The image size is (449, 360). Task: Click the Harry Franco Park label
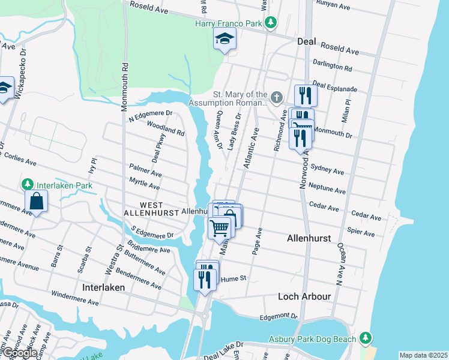230,23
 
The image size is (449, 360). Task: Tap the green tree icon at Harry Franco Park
271,23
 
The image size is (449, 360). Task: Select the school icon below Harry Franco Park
224,40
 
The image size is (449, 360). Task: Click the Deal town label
307,41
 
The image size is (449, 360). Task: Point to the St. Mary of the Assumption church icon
276,97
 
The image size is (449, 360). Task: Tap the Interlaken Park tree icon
27,184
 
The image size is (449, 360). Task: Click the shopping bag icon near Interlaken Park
37,202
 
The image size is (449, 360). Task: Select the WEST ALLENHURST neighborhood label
143,208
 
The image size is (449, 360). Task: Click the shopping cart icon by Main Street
220,227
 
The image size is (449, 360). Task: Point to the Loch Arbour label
304,296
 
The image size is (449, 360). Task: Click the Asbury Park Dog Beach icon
365,338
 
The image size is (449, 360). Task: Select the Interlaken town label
104,288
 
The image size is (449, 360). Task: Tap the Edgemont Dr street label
279,316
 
